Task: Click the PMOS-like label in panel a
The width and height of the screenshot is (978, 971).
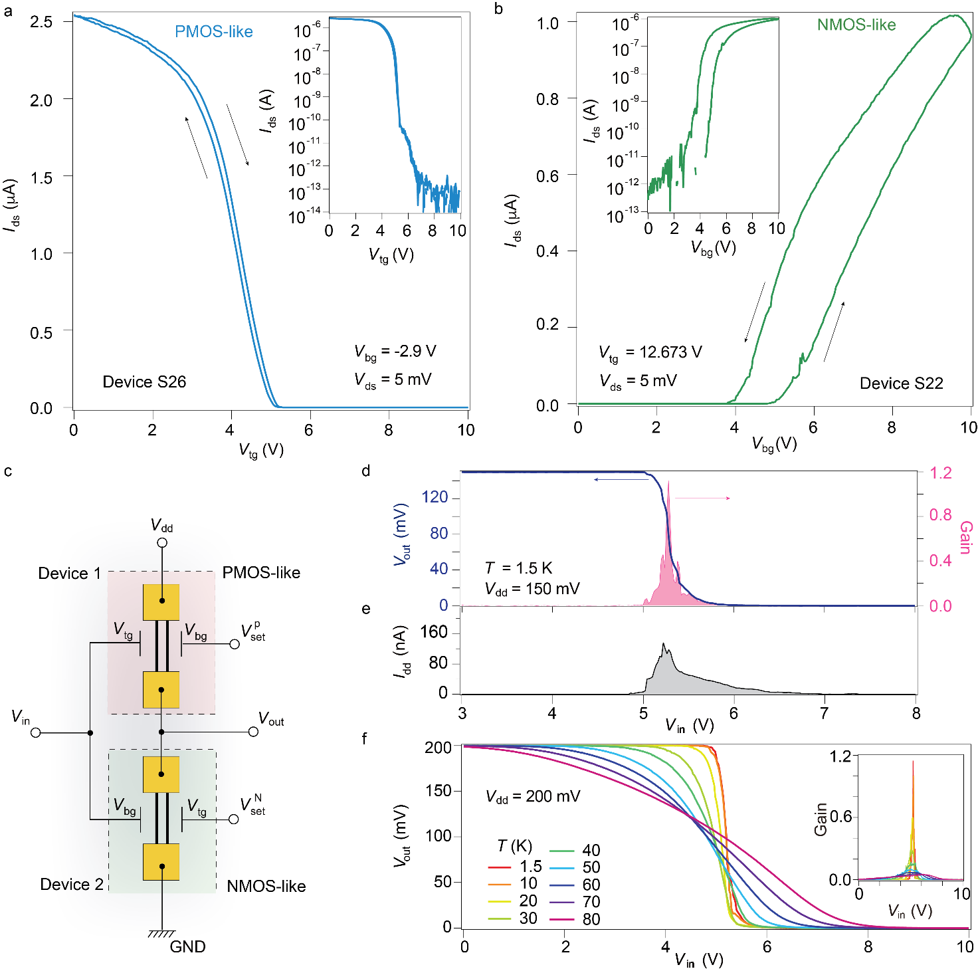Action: [x=213, y=31]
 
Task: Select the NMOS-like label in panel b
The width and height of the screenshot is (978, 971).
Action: [x=856, y=25]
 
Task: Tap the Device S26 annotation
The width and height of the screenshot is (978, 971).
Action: [x=144, y=382]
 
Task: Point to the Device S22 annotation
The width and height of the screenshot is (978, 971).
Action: [x=901, y=383]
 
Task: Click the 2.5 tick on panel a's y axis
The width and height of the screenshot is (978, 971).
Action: [x=41, y=22]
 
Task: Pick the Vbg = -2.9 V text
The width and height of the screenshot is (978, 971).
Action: [x=395, y=352]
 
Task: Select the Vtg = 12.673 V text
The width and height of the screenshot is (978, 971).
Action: [x=650, y=353]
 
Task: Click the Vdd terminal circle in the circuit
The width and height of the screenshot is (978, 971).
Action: [x=161, y=543]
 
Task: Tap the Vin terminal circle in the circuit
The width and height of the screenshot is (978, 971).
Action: [x=36, y=732]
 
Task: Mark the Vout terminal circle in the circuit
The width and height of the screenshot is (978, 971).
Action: [x=253, y=732]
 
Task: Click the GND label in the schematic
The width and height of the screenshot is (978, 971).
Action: [x=187, y=946]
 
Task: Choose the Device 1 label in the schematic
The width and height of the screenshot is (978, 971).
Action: [x=69, y=574]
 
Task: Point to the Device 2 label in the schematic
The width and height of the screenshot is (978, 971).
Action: [x=72, y=885]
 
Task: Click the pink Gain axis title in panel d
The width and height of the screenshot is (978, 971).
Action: [x=965, y=537]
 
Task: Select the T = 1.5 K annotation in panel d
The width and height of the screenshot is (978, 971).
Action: [x=518, y=568]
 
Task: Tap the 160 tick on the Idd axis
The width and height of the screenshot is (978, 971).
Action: [x=435, y=632]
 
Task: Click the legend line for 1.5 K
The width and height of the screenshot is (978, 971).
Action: [x=500, y=867]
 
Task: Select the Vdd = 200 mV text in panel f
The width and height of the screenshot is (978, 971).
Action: [x=533, y=796]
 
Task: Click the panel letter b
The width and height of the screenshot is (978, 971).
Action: [x=498, y=9]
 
